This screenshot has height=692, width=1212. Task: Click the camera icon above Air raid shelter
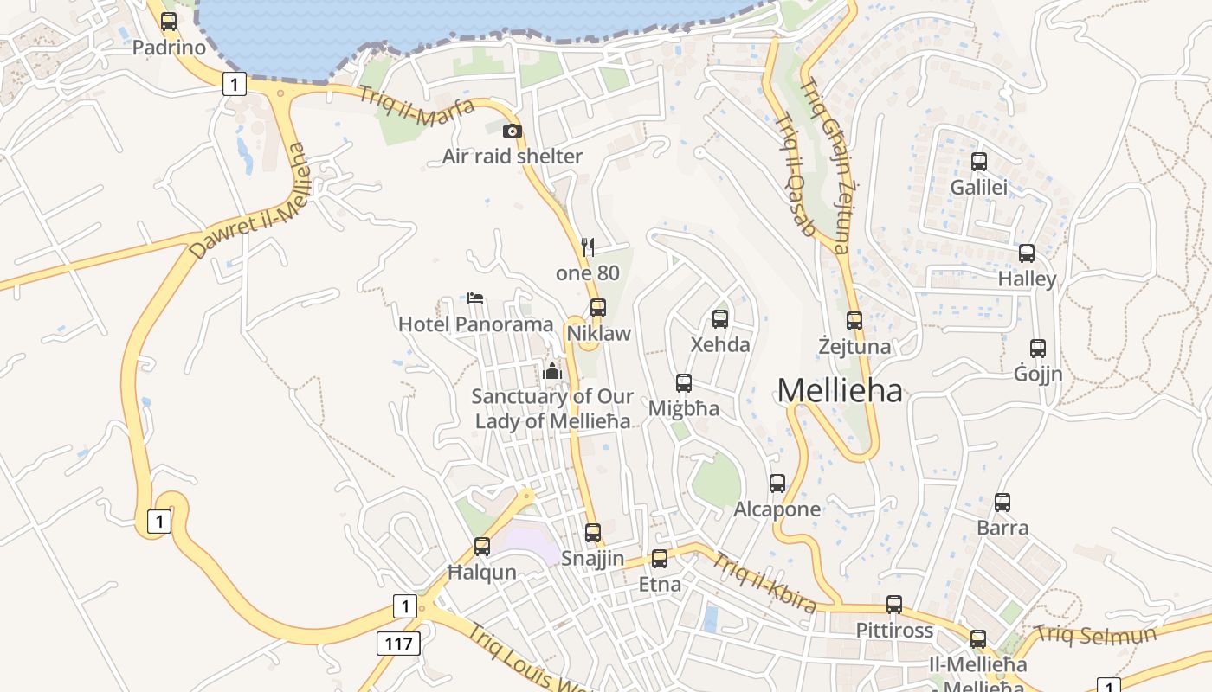coord(513,131)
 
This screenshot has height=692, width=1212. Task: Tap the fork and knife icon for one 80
coord(588,247)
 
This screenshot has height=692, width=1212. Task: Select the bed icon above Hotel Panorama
coord(475,298)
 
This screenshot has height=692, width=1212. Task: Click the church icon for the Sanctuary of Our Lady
coord(552,372)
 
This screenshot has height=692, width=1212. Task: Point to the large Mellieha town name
coord(839,391)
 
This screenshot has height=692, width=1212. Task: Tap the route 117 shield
coord(398,643)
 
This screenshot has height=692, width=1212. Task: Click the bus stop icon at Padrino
coord(169,22)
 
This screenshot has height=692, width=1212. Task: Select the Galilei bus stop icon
coord(979,162)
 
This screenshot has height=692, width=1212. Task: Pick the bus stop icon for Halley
coord(1027,253)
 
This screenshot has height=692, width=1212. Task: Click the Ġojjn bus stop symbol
coord(1038,349)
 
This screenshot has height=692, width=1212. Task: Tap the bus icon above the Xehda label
coord(720,319)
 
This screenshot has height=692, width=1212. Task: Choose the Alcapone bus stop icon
coord(777,484)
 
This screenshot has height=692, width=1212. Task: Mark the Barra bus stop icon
coord(1002,502)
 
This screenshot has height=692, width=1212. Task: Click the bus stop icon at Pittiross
coord(894,605)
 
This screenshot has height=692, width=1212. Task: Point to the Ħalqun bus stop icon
coord(482,547)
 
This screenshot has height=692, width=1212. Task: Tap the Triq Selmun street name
coord(1095,634)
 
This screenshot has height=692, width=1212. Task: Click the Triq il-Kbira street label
coord(764,582)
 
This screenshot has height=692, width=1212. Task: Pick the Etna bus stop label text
coord(660,585)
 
